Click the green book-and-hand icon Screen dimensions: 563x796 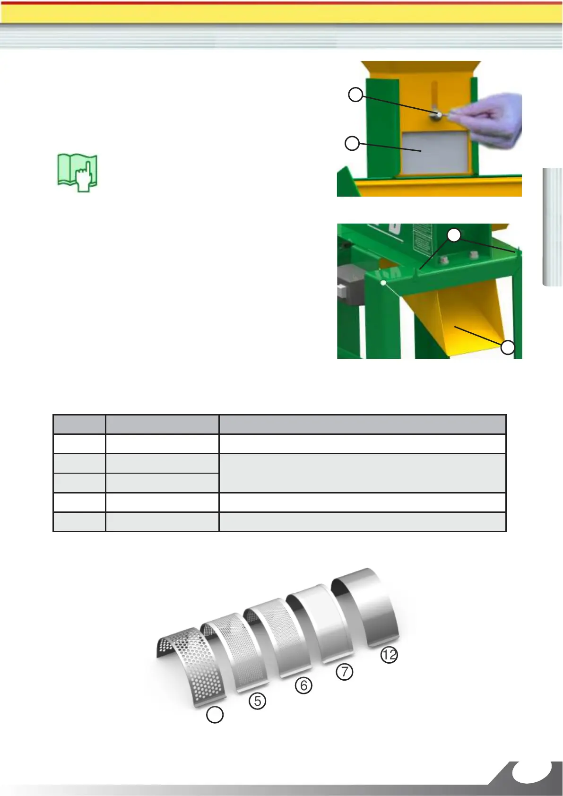click(78, 173)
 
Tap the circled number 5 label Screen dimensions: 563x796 click(257, 701)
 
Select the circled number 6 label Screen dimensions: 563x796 click(303, 685)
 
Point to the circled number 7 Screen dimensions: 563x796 click(345, 671)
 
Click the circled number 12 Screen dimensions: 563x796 click(389, 655)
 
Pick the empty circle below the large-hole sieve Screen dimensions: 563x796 click(215, 715)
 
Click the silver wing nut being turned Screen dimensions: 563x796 click(440, 114)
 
